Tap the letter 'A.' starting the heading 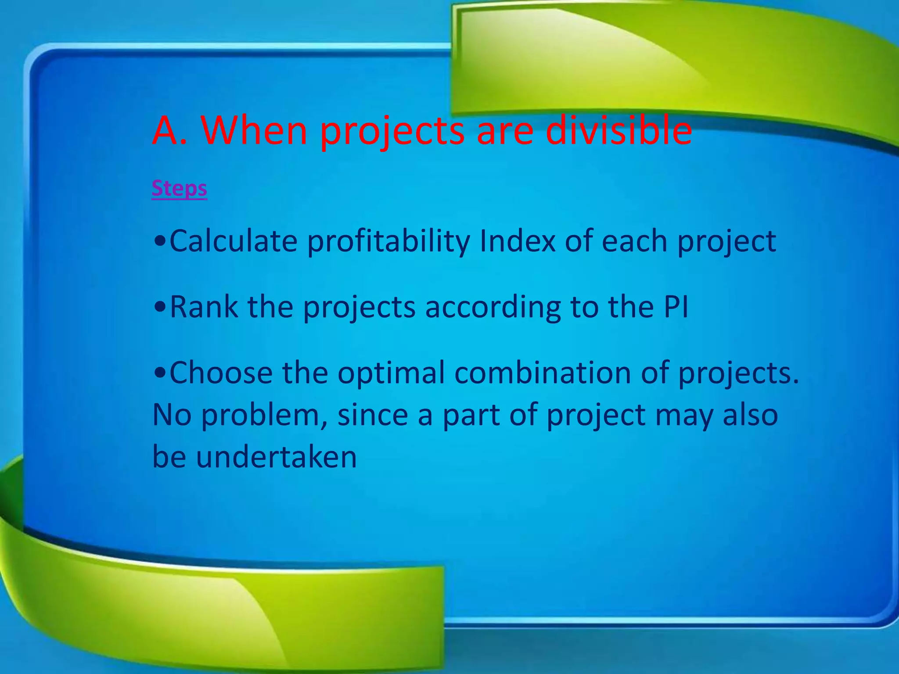pos(169,131)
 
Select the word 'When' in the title pos(254,131)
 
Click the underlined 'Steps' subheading pos(179,189)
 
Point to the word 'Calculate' pos(234,241)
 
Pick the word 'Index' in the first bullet pos(518,241)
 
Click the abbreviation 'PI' pos(676,307)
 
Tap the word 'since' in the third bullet pos(373,415)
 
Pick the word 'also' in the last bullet pos(751,415)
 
